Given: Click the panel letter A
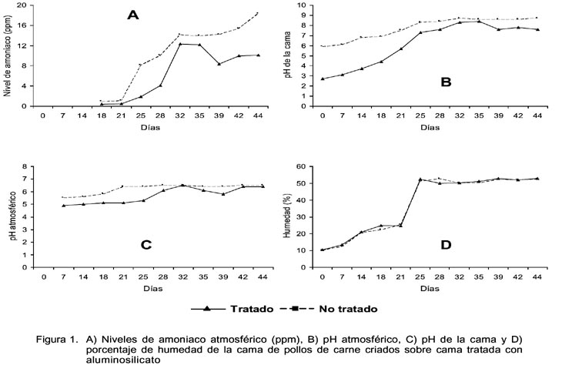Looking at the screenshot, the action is point(133,15).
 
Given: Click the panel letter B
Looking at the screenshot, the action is point(446,82).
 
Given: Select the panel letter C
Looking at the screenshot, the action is point(146,245).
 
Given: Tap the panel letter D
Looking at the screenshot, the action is point(446,245).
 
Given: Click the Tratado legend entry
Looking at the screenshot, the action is point(232,309).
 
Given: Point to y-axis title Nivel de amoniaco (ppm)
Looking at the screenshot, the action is point(7,55).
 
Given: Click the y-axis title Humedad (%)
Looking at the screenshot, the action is point(288,216).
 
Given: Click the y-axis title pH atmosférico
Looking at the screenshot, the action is point(13,216).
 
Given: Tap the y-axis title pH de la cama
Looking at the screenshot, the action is point(288,55).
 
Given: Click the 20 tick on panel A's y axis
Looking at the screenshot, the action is point(22,5).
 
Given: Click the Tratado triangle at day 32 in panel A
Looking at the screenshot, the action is point(180,44).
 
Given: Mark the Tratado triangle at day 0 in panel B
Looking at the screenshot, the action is point(323,79).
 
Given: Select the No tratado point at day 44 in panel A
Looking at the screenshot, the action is point(257,13).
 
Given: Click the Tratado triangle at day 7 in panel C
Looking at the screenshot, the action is point(64,205).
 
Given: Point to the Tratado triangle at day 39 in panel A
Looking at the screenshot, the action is point(219,64).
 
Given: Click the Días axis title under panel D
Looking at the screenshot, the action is point(430,288).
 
